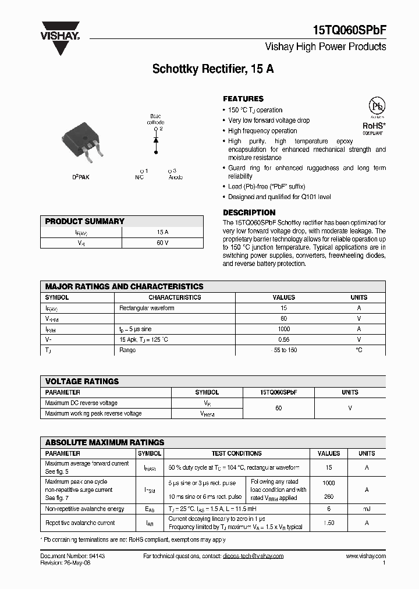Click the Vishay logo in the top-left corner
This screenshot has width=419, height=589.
coord(60,38)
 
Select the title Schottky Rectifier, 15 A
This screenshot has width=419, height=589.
coord(213,69)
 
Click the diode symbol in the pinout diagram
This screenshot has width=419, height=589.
coord(155,140)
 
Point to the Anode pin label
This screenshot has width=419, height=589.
coord(175,177)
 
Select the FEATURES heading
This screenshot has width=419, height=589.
coord(243,99)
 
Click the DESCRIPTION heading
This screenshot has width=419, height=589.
coord(249,212)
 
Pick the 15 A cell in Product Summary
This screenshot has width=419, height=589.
coord(162,232)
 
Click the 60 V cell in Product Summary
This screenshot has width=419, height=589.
coord(162,242)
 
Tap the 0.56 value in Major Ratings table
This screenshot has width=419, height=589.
coord(283,339)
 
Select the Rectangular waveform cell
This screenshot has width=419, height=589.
coord(147,308)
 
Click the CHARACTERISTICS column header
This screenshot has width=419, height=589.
coord(175,297)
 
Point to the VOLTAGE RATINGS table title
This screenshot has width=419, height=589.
coord(82,381)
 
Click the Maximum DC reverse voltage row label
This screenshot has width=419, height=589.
coord(81,403)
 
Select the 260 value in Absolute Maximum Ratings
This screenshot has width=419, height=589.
coord(329,496)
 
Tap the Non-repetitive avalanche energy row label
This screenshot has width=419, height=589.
coord(84,509)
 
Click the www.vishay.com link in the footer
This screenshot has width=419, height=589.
coord(365,556)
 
